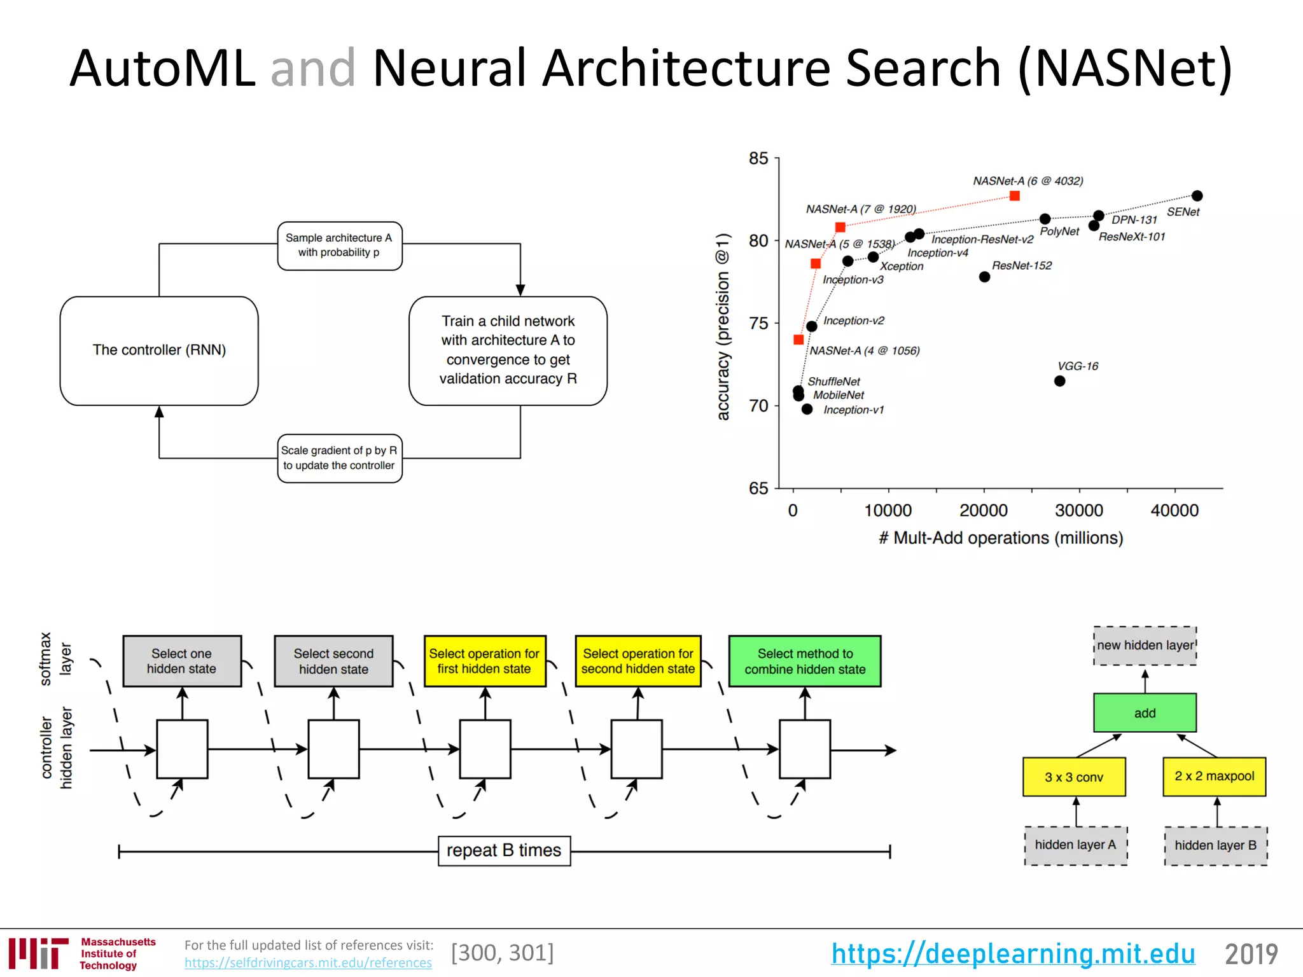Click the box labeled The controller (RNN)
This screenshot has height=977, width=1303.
(159, 350)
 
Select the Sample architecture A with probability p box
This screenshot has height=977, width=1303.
(339, 246)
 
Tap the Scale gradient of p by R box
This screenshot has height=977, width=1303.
(339, 458)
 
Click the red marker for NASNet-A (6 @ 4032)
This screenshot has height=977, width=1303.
(1015, 196)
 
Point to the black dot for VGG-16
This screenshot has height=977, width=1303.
(1059, 381)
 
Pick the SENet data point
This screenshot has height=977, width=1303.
(1197, 196)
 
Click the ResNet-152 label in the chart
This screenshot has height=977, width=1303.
(1022, 265)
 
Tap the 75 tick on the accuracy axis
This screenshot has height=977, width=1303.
(758, 323)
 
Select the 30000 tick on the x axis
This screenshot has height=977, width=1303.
(1079, 510)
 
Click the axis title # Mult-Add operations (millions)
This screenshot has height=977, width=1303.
(1001, 538)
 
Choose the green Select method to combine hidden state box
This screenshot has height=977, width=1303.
(805, 662)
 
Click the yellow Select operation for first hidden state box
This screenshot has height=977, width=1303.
(484, 662)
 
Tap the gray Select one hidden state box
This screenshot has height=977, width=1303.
(182, 662)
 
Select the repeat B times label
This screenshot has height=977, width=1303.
(504, 850)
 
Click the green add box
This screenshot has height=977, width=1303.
(1145, 713)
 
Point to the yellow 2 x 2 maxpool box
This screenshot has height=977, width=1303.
(1214, 777)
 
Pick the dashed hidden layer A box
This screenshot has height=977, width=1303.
(1075, 845)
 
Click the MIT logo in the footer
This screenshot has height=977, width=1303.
(39, 953)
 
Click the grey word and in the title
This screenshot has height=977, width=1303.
(312, 68)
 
